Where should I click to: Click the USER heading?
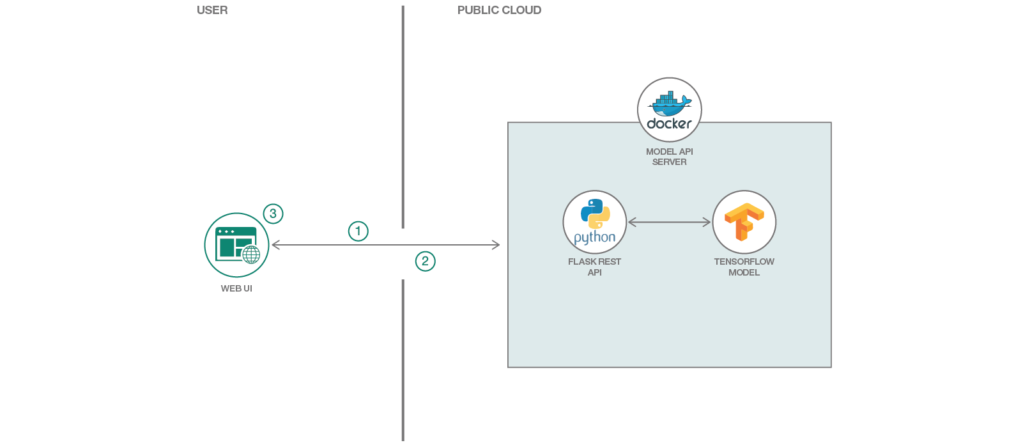[212, 10]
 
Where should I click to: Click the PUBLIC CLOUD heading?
[499, 10]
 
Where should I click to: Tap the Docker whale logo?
[669, 102]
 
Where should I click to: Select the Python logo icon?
[595, 214]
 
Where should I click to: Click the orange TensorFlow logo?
[744, 222]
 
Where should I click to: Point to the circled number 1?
[358, 231]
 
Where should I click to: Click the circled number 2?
[425, 261]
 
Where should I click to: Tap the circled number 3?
[273, 214]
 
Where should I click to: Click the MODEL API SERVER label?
[669, 157]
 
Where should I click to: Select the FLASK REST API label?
[594, 267]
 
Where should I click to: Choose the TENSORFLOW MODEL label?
[744, 267]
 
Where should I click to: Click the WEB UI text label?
[236, 288]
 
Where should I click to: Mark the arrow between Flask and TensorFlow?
[669, 222]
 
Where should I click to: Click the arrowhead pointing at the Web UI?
[275, 245]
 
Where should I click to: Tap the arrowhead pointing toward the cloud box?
[496, 245]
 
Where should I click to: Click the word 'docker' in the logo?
[669, 123]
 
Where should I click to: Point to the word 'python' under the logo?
[594, 237]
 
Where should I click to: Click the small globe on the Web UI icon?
[251, 255]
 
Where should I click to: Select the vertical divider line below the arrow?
[403, 358]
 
